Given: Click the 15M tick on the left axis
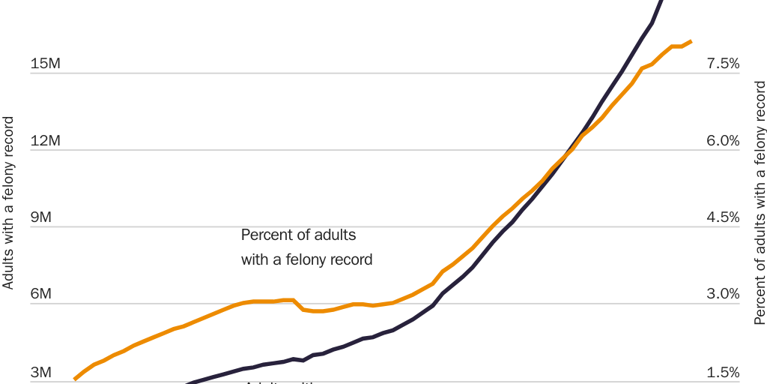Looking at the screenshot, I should point(45,64).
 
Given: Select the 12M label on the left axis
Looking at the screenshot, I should point(45,141).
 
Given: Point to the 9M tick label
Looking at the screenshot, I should point(41,217).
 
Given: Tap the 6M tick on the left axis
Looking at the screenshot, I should point(41,295).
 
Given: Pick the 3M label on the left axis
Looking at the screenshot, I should point(41,373).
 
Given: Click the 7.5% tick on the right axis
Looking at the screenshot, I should point(723,64).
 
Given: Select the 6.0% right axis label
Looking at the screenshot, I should point(723,141).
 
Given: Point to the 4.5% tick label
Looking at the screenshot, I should point(723,217).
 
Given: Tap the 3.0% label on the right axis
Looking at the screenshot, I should point(723,295).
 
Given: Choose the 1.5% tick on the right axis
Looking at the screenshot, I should point(723,373).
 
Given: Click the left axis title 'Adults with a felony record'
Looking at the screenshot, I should point(8,202).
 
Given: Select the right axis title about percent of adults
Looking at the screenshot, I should point(760,202).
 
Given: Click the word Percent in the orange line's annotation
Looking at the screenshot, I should point(265,235).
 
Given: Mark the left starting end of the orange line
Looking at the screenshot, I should point(74,379).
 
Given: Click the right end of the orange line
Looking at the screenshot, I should point(691,41).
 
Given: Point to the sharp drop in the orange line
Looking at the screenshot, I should point(298,304).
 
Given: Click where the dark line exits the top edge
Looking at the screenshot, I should point(662,2).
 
